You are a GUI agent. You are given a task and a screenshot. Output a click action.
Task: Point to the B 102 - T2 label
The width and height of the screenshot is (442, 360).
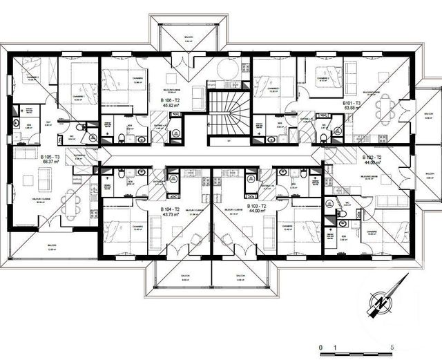pyautogui.click(x=373, y=158)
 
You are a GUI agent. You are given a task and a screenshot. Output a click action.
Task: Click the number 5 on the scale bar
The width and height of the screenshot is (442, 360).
pyautogui.click(x=392, y=346)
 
